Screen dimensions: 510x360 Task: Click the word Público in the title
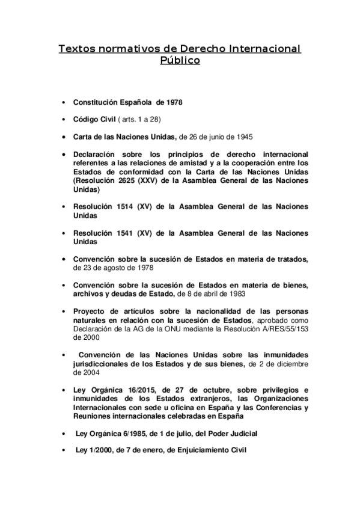point(179,61)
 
